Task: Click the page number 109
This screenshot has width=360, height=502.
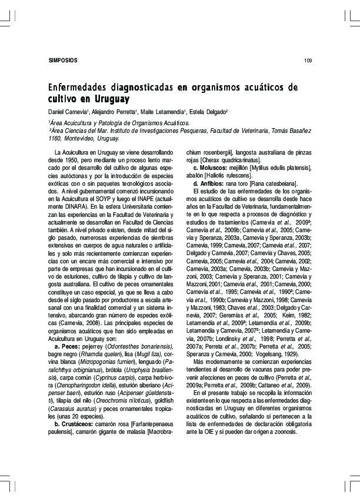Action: click(x=308, y=61)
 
